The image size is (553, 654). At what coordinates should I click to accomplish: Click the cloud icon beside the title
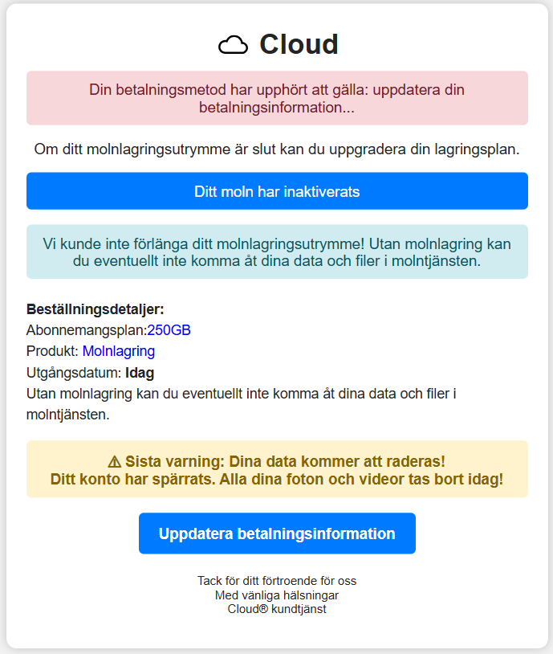click(234, 45)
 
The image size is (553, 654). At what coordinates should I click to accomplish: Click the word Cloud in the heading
click(299, 44)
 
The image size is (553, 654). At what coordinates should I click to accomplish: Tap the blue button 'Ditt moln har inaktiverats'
click(277, 191)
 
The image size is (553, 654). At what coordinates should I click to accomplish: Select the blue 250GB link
click(169, 330)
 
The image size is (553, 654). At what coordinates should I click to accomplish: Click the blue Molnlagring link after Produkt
click(118, 351)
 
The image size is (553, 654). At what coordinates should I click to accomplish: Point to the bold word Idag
click(140, 373)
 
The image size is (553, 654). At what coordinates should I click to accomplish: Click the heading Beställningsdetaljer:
click(95, 309)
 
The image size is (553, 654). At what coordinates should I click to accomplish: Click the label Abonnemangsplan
click(86, 330)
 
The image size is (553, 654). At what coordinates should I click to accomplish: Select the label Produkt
click(51, 351)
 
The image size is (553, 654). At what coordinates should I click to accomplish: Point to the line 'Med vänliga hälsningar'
click(277, 595)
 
